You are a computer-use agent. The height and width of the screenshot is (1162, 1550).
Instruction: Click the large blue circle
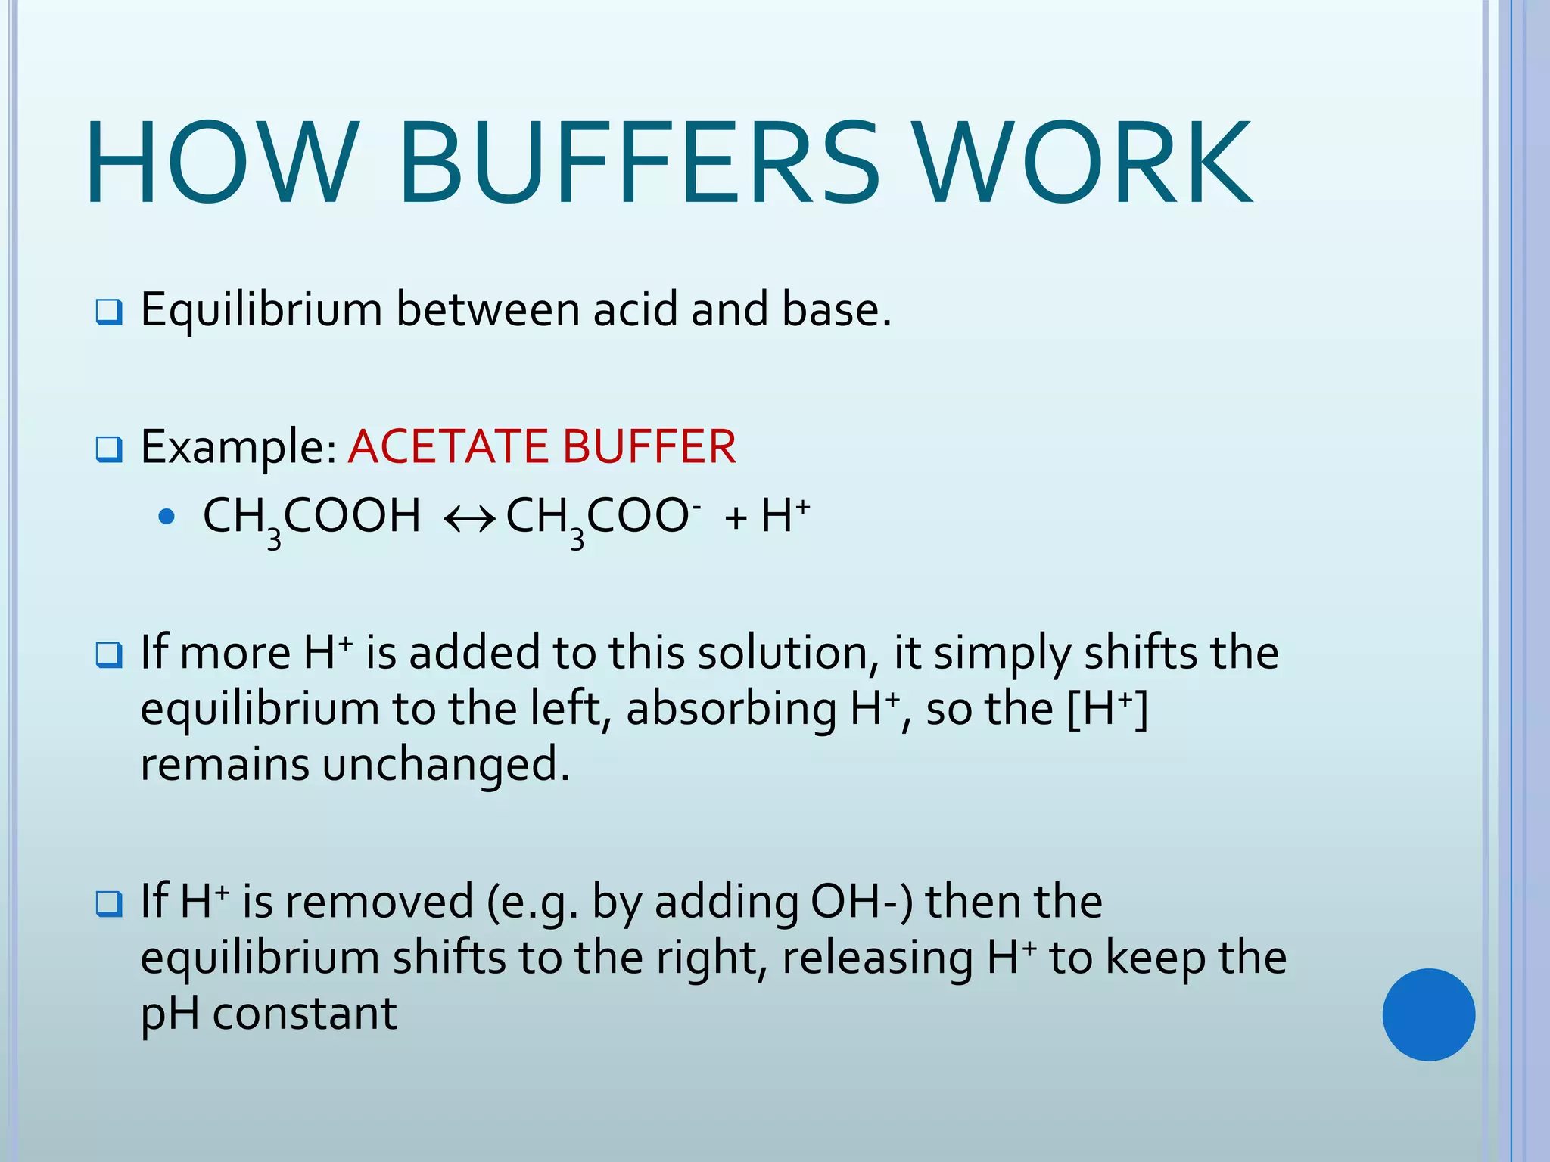(1428, 1014)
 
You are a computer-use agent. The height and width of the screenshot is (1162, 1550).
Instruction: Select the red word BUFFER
(649, 446)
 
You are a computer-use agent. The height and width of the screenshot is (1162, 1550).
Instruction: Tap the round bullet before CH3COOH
(167, 517)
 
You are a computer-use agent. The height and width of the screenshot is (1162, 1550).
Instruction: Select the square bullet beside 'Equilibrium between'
(109, 312)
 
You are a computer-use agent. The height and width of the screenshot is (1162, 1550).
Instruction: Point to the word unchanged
(445, 764)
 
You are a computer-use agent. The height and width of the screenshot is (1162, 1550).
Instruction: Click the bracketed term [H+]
(1107, 709)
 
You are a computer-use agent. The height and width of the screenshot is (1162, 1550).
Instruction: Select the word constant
(304, 1014)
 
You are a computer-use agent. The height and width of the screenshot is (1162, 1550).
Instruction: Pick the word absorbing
(731, 710)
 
